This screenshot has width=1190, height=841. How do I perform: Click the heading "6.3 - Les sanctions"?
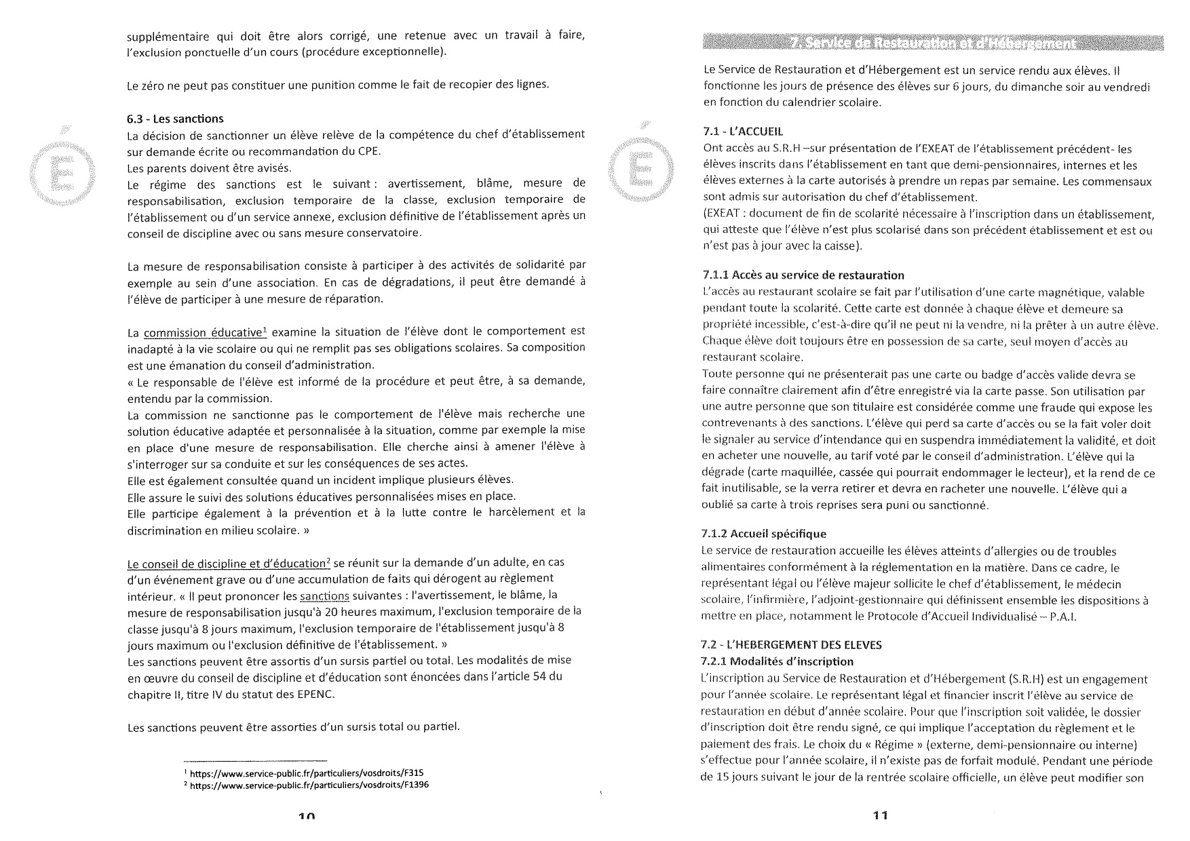(x=175, y=119)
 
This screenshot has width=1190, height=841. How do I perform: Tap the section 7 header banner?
(x=933, y=43)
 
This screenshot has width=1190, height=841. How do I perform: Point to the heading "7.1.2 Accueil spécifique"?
(x=763, y=534)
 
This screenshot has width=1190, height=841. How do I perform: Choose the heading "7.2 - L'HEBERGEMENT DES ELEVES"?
(x=791, y=644)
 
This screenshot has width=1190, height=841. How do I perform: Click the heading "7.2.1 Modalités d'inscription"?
(x=777, y=661)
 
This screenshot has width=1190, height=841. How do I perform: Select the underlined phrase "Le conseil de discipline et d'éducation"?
(x=227, y=564)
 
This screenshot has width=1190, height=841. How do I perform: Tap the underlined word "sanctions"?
(x=324, y=596)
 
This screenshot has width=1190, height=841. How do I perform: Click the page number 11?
(x=880, y=816)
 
